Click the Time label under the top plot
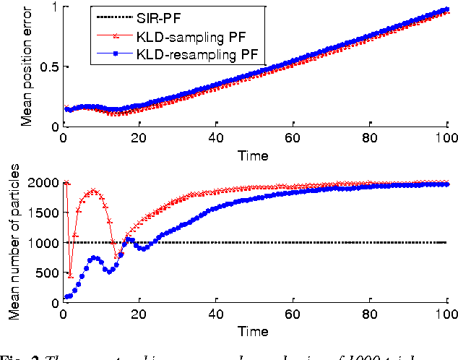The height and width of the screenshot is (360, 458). (x=255, y=155)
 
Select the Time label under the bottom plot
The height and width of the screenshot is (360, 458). (x=255, y=332)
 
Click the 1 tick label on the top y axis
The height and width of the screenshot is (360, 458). (x=54, y=7)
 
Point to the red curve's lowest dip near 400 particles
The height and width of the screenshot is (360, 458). (x=70, y=275)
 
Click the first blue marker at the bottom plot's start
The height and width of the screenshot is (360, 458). (x=66, y=297)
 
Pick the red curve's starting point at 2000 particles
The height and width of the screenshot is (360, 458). (x=66, y=183)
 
